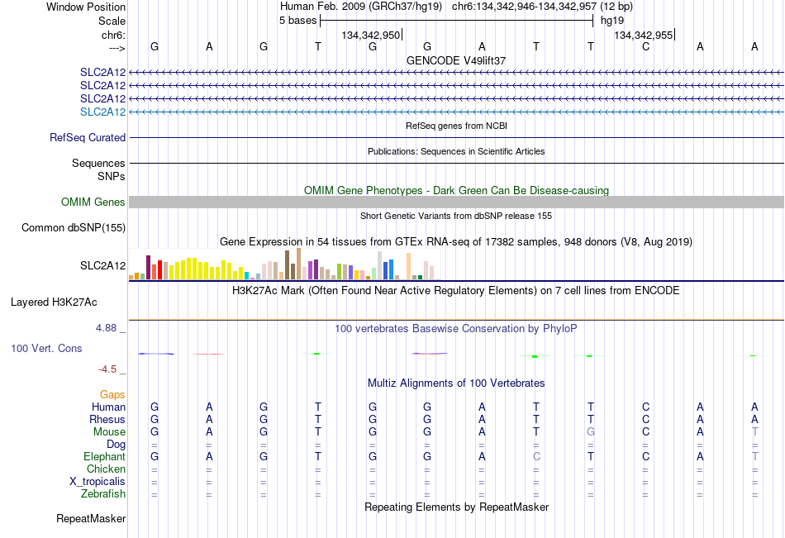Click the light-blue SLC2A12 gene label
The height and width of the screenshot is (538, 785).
click(102, 112)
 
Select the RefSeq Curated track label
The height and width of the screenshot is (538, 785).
click(88, 137)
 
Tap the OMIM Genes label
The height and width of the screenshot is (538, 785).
click(93, 202)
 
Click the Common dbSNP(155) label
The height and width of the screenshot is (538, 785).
click(74, 227)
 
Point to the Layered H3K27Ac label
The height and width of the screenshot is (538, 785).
click(54, 302)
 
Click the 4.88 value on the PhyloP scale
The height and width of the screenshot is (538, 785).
click(106, 327)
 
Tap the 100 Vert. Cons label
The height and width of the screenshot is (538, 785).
click(46, 348)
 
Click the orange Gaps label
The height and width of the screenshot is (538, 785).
click(112, 395)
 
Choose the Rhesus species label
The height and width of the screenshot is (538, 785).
click(107, 419)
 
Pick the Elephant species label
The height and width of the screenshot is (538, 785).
click(105, 456)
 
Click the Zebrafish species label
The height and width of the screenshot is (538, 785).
click(103, 493)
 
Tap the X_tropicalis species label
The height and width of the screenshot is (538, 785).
click(98, 482)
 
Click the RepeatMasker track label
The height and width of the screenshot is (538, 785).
click(91, 518)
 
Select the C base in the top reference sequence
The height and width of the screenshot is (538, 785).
click(646, 46)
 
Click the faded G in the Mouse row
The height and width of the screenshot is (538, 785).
click(591, 431)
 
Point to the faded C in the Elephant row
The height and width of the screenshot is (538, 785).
click(536, 456)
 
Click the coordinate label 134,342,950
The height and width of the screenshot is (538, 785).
click(371, 35)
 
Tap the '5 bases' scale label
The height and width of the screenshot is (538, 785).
click(297, 21)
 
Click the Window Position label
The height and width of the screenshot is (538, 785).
click(86, 7)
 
